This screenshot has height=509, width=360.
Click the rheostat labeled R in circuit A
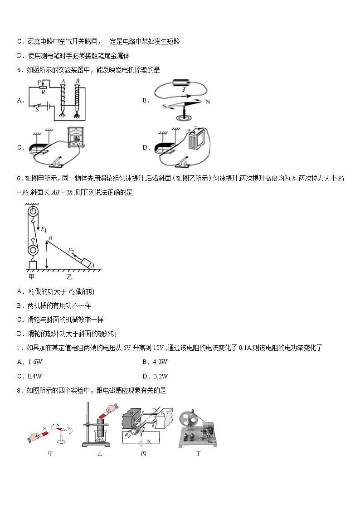point(43,87)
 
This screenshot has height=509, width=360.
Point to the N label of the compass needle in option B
point(208,102)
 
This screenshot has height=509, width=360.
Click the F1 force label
point(44,230)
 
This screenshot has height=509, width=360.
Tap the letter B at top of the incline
point(50,238)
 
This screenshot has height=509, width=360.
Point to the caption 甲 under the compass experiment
point(50,453)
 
